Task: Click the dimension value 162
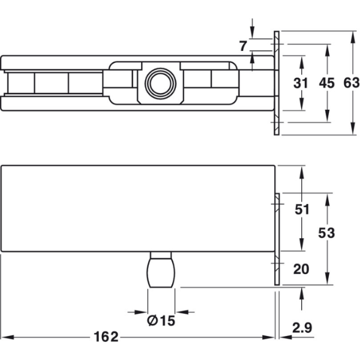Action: point(106,337)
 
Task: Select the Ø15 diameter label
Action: point(161,321)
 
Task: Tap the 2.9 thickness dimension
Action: point(302,328)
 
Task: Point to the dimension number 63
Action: point(352,83)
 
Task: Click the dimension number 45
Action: point(327,83)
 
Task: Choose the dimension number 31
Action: point(301,83)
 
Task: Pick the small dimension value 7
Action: point(243,46)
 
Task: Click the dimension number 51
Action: point(302,209)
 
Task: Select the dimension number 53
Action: point(326,233)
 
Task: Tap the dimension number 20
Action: point(301,269)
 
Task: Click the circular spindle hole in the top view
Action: point(160,83)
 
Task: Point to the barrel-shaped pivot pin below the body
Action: point(161,269)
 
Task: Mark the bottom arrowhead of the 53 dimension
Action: point(328,278)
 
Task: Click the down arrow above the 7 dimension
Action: point(253,32)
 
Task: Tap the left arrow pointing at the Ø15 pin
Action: point(140,312)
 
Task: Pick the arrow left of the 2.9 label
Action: point(286,337)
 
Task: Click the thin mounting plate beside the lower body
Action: point(277,239)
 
